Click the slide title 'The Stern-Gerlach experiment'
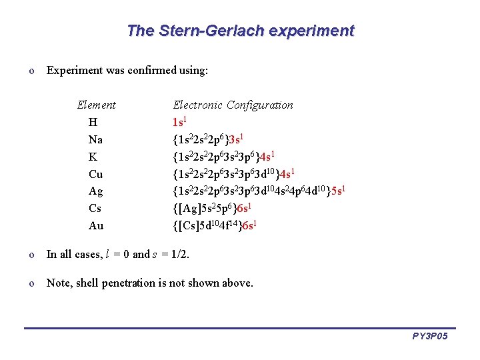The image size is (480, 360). coord(240,31)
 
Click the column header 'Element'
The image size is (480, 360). coord(96,105)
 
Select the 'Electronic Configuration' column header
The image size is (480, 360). coord(233,105)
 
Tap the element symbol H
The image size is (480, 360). coord(93,123)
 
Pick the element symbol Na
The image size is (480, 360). coord(95,140)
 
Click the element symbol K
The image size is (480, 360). coord(93,157)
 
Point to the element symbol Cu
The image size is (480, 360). coord(95,175)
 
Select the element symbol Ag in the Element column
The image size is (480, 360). coord(96,192)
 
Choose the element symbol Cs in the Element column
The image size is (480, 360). coord(95,209)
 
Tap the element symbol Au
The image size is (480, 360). coord(96,226)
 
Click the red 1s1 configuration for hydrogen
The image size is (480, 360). coord(179,122)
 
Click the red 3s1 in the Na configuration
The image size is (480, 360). coord(237,139)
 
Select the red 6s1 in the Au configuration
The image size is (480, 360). coord(247,226)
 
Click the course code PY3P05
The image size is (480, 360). coord(430,336)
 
